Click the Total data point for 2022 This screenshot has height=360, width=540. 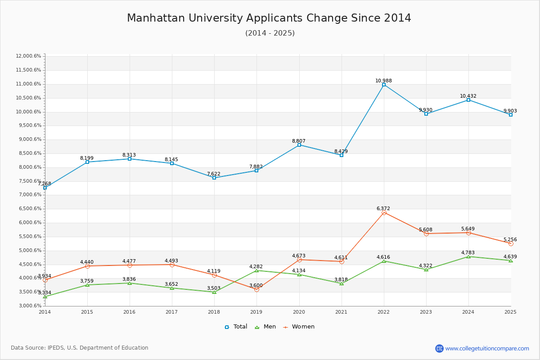click(x=384, y=85)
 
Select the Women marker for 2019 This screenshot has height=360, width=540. click(x=256, y=289)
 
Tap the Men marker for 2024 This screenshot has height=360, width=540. click(x=468, y=256)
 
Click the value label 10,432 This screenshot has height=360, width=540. click(x=468, y=96)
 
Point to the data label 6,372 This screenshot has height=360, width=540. click(x=383, y=208)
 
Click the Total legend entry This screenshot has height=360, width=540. click(x=236, y=327)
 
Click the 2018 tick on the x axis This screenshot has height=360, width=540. click(x=214, y=311)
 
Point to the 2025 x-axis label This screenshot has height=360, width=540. click(x=510, y=311)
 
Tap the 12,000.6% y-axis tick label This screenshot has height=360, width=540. click(x=28, y=56)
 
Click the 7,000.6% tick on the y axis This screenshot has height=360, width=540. click(x=28, y=195)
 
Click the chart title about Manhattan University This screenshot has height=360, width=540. click(x=269, y=18)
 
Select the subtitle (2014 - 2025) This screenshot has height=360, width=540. click(x=270, y=33)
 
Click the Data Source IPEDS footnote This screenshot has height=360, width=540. click(x=80, y=348)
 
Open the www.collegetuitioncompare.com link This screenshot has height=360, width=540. click(x=487, y=348)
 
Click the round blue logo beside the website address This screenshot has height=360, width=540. click(x=439, y=348)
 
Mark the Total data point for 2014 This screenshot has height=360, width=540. click(x=45, y=188)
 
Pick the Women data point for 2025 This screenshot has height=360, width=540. click(x=511, y=243)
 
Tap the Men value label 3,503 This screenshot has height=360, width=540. click(x=214, y=288)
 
